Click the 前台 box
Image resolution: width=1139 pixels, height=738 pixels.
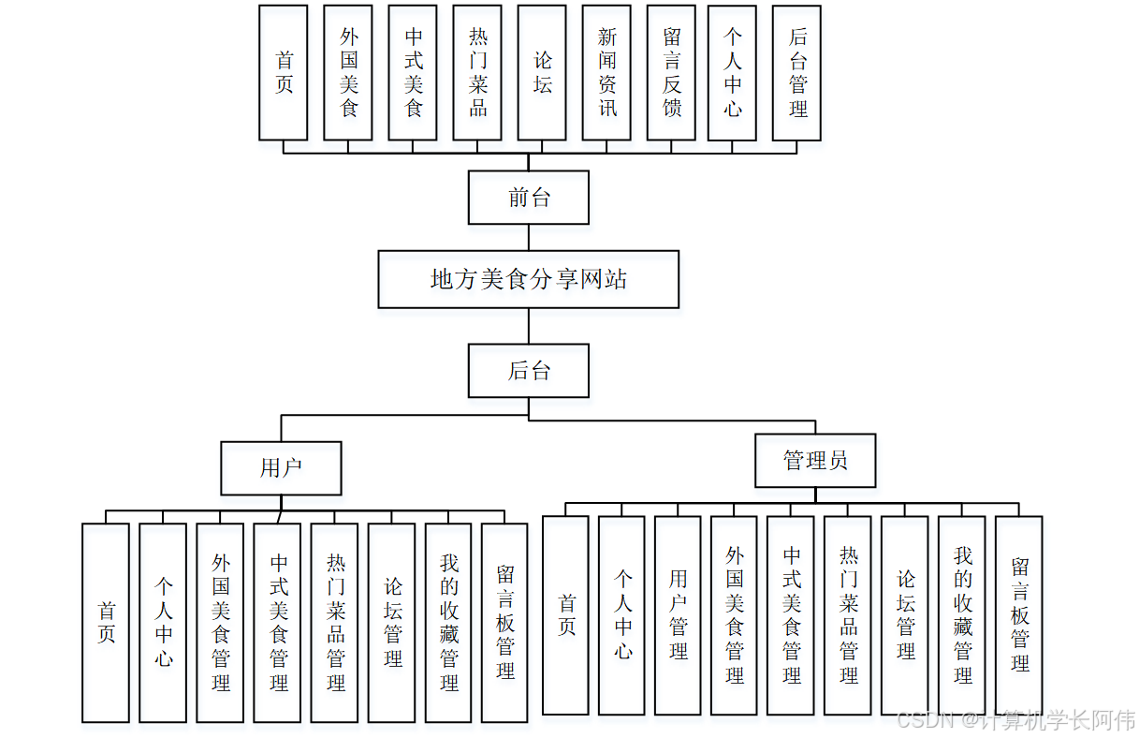tap(529, 198)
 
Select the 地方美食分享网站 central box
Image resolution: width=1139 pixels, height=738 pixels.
tap(529, 279)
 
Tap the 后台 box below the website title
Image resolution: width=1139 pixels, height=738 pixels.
tap(529, 371)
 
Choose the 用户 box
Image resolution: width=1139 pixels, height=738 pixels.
tap(281, 468)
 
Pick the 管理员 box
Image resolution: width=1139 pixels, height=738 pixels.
tap(815, 461)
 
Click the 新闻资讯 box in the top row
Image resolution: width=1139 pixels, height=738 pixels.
tap(606, 73)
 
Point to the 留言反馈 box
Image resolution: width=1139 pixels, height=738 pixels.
tap(671, 73)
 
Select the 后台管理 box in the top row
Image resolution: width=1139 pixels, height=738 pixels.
tap(797, 73)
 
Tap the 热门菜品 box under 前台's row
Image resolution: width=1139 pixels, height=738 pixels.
tap(477, 73)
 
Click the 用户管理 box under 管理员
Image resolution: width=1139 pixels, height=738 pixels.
tap(679, 615)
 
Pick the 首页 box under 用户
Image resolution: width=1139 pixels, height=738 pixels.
tap(106, 623)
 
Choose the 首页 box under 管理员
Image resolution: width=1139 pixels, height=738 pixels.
tap(566, 615)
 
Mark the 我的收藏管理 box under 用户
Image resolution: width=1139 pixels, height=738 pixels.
tap(448, 623)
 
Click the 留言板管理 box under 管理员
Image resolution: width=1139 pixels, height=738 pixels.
tap(1019, 615)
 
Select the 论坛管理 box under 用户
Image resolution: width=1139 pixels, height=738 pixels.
tap(392, 623)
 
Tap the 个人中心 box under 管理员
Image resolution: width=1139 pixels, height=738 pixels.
tap(622, 615)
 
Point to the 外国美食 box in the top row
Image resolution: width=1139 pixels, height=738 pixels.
tap(348, 73)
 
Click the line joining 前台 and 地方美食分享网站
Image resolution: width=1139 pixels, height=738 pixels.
tap(529, 237)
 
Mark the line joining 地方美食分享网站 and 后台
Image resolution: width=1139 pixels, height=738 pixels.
tap(529, 326)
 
